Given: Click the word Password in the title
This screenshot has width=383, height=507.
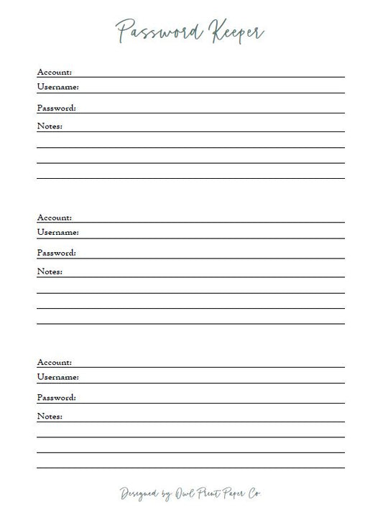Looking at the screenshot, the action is click(x=151, y=31).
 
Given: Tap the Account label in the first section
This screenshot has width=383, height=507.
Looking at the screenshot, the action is click(x=54, y=72).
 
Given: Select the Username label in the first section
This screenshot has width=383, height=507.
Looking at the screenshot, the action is click(x=57, y=87).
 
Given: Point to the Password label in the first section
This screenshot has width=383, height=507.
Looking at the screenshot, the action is click(x=56, y=108).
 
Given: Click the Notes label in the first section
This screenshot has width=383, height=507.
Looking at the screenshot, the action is click(x=50, y=126).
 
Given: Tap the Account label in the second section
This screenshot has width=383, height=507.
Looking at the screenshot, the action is click(x=54, y=217).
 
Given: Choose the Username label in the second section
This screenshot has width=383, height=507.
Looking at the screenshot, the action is click(x=57, y=232).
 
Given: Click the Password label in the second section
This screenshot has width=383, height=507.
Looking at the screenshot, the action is click(x=56, y=253).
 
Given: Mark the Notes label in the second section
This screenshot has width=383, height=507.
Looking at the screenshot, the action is click(x=50, y=271).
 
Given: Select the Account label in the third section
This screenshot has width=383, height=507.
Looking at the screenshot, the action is click(x=54, y=362).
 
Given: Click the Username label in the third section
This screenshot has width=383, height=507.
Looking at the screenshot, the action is click(x=57, y=377).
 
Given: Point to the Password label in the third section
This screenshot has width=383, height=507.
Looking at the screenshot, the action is click(x=56, y=397).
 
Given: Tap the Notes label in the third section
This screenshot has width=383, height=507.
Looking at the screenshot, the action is click(x=50, y=417).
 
